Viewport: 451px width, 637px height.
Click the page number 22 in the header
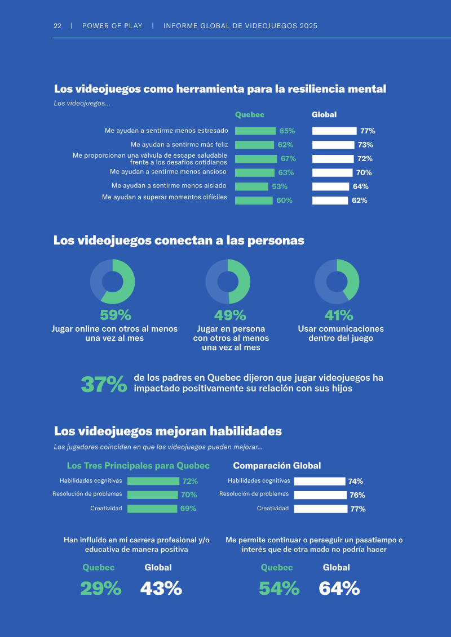tap(58, 26)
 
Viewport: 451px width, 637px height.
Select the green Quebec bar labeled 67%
tap(256, 159)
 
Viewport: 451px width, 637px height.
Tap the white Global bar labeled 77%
tap(334, 131)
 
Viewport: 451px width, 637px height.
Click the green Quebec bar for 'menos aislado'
tap(252, 186)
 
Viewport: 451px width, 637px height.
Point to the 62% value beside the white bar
tap(360, 201)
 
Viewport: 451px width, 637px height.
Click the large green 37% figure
tap(104, 385)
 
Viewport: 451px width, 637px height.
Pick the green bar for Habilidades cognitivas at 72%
tap(153, 481)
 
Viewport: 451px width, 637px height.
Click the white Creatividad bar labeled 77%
tap(321, 509)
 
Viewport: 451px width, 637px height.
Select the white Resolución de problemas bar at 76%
tap(320, 495)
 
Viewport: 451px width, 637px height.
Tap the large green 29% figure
tap(101, 588)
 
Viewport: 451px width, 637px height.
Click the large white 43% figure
tap(161, 588)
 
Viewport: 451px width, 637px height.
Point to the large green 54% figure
tap(280, 588)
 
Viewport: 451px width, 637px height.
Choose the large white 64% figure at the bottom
tap(339, 588)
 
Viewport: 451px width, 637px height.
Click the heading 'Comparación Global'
tap(277, 466)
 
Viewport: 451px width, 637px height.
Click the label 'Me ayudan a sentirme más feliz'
tap(179, 144)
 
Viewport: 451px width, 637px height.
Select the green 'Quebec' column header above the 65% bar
tap(250, 114)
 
